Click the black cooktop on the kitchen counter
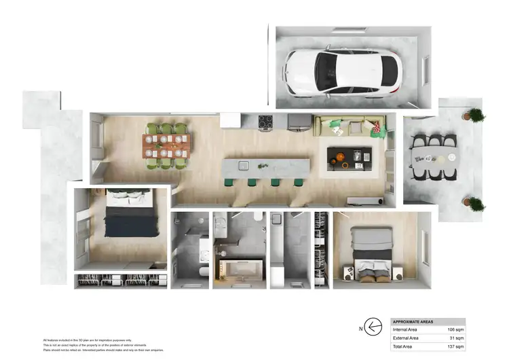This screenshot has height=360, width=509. tap(265, 122)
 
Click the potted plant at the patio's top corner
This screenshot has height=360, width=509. tap(476, 115)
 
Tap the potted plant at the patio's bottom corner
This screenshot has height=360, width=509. tap(476, 203)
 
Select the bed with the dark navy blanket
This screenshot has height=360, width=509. tap(128, 217)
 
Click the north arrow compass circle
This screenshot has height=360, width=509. tap(373, 326)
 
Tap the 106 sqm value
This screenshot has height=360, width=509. tap(453, 329)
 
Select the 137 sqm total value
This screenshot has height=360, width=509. tap(453, 346)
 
